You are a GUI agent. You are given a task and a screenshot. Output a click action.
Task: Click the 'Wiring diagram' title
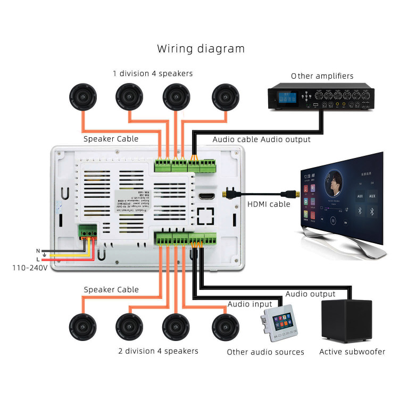pos(201,49)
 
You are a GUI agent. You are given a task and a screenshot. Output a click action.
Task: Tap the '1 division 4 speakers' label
pos(152,73)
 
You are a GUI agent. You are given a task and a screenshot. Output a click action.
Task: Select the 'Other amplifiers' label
pos(321,76)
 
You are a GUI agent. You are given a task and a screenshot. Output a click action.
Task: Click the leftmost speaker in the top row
pos(83,98)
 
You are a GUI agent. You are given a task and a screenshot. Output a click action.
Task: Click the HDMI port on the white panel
pos(206,197)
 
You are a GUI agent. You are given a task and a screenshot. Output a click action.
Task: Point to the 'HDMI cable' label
pos(269,204)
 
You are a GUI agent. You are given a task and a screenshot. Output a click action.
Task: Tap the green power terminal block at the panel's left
pos(88,232)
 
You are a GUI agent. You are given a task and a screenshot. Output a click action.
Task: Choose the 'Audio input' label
pos(250,304)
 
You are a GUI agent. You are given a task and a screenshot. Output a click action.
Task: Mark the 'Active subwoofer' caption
pos(352,352)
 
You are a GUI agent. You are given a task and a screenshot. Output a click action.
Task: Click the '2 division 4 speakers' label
pos(158,351)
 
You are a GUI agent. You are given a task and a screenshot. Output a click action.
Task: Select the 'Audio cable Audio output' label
pos(261,139)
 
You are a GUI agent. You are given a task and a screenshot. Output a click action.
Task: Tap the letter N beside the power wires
pos(37,250)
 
